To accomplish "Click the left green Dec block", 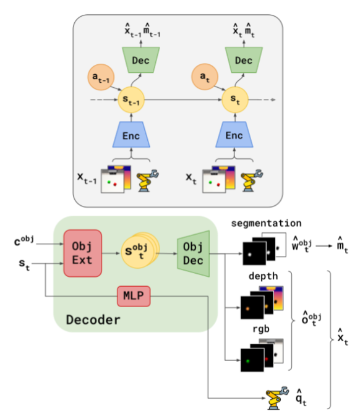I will click(142, 61).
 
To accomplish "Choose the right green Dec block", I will click(244, 61).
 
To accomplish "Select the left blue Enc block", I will click(132, 135).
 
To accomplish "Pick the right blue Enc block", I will click(234, 135).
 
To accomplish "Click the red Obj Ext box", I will click(82, 253).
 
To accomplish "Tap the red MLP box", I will click(134, 297).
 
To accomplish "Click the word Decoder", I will click(93, 320).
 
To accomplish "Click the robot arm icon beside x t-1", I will click(147, 180).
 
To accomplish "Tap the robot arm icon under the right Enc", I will click(250, 180).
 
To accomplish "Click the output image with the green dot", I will click(252, 360).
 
